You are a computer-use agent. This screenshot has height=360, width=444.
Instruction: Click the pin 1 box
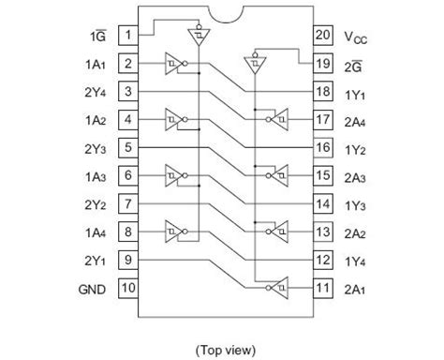(128, 35)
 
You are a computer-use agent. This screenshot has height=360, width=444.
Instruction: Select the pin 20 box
(323, 35)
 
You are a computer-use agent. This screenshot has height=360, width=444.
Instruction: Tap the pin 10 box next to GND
(128, 288)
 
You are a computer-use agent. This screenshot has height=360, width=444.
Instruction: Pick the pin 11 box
(323, 288)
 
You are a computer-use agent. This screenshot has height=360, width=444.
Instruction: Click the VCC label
(356, 37)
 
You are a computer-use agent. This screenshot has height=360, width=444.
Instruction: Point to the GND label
(92, 290)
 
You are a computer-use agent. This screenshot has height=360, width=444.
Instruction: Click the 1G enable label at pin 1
(98, 36)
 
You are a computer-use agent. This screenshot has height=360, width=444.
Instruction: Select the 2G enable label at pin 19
(353, 67)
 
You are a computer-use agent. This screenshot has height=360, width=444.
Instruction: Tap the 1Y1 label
(355, 95)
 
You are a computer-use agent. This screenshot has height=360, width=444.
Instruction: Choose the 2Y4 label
(96, 93)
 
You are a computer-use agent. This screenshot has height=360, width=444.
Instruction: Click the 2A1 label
(355, 290)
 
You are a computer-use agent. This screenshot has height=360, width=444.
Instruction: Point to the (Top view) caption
(226, 350)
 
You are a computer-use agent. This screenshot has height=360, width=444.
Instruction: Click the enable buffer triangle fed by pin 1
(199, 37)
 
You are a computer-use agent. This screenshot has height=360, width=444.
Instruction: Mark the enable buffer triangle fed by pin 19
(255, 65)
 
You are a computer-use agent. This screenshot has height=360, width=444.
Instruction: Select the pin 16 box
(323, 147)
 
